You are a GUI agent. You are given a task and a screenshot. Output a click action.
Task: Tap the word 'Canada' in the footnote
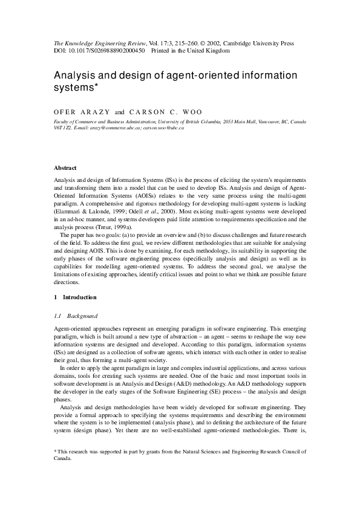pos(63,458)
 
